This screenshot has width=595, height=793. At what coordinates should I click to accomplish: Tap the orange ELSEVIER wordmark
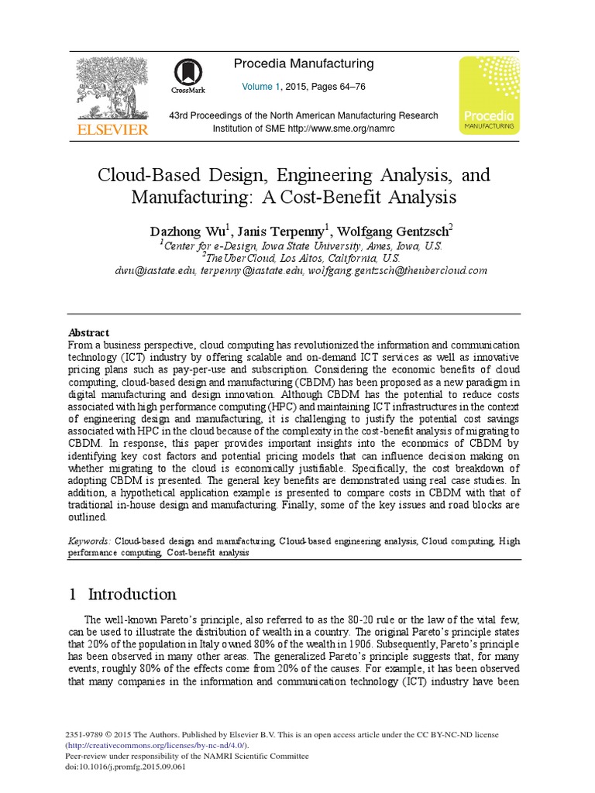pos(110,129)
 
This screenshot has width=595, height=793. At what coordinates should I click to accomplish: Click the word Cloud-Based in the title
pos(145,175)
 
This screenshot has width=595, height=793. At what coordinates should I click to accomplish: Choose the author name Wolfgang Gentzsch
pos(395,231)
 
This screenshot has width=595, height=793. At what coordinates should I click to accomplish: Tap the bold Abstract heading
pos(89,332)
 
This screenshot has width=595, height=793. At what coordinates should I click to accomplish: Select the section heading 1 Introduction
pos(122,594)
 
